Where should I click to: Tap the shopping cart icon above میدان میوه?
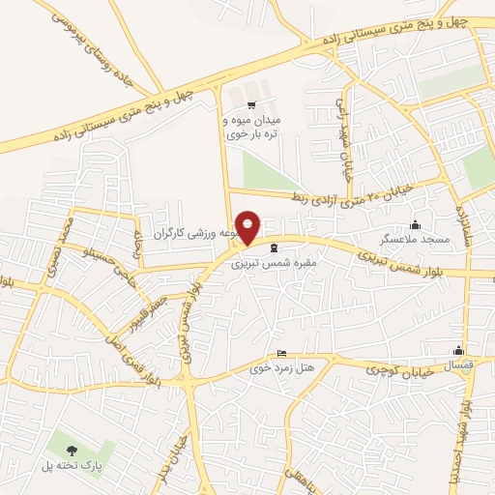tap(251, 104)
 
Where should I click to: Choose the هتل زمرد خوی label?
tap(277, 368)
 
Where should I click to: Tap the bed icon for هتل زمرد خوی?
tap(281, 354)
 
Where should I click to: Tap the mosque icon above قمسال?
tap(458, 352)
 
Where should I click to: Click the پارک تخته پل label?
tap(73, 464)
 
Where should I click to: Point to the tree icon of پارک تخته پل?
tap(72, 449)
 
